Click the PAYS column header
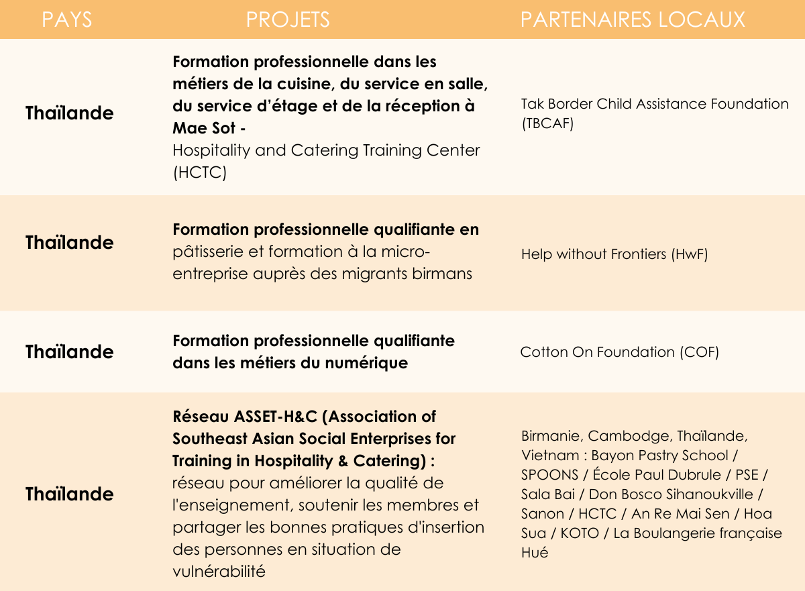[x=67, y=19]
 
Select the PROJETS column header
[x=288, y=19]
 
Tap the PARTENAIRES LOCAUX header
[x=633, y=19]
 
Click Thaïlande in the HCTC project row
[x=70, y=113]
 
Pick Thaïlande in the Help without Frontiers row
[x=70, y=242]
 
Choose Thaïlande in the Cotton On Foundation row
[x=70, y=352]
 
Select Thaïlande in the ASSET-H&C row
[x=70, y=494]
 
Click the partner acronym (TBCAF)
[x=547, y=125]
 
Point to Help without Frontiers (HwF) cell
[x=614, y=254]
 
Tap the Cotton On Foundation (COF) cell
[x=619, y=352]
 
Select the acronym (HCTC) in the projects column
[x=200, y=172]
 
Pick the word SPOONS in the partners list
[x=549, y=474]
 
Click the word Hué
[x=535, y=553]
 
